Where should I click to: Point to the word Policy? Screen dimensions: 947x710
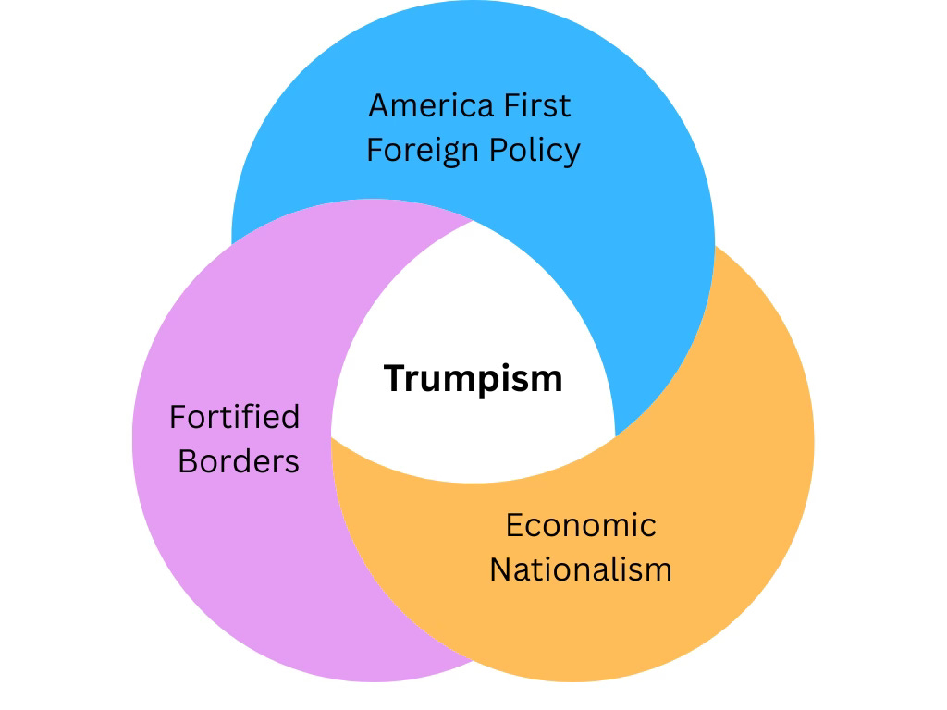537,151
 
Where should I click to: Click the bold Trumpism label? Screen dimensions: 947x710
473,378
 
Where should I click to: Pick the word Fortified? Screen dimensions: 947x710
235,417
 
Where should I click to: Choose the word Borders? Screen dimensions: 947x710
239,460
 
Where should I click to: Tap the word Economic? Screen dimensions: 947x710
581,525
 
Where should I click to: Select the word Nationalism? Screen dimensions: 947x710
581,569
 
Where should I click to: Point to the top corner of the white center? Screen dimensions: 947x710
473,222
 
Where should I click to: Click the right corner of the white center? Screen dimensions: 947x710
614,435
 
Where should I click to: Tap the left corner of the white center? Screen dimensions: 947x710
333,437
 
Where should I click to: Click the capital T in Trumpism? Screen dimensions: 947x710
394,378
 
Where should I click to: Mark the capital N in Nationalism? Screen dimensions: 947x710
500,569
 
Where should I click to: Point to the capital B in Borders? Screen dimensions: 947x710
188,460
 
